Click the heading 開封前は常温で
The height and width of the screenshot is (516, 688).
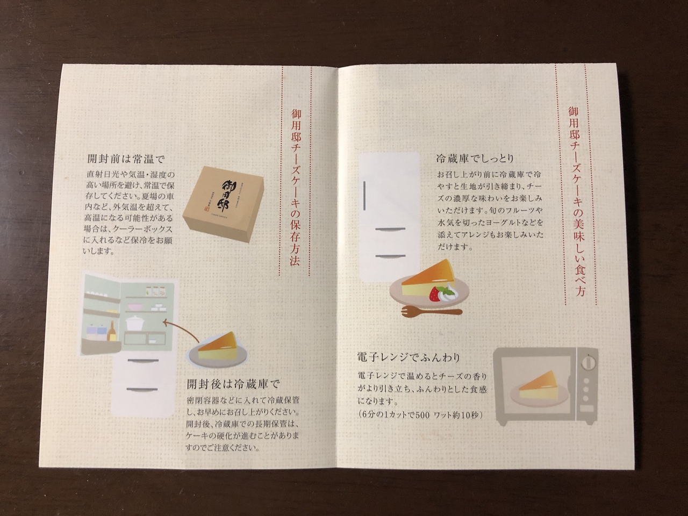pos(126,159)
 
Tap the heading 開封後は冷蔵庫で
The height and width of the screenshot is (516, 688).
pos(233,384)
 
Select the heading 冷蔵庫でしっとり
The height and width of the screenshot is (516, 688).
pos(475,159)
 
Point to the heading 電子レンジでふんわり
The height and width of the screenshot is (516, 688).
pos(408,357)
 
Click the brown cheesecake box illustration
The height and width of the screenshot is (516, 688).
pos(224,204)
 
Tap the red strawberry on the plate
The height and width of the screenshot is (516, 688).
pos(434,293)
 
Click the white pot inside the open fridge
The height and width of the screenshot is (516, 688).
pos(135,322)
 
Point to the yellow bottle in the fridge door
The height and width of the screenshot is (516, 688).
pos(112,332)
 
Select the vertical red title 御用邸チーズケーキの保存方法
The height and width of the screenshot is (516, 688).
pos(295,187)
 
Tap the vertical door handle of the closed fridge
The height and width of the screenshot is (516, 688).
pos(364,196)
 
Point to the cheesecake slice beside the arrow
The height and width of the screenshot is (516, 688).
pos(218,345)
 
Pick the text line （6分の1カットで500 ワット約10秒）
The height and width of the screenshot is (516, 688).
pos(419,415)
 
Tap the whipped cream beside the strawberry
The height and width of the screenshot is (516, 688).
pos(447,292)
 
